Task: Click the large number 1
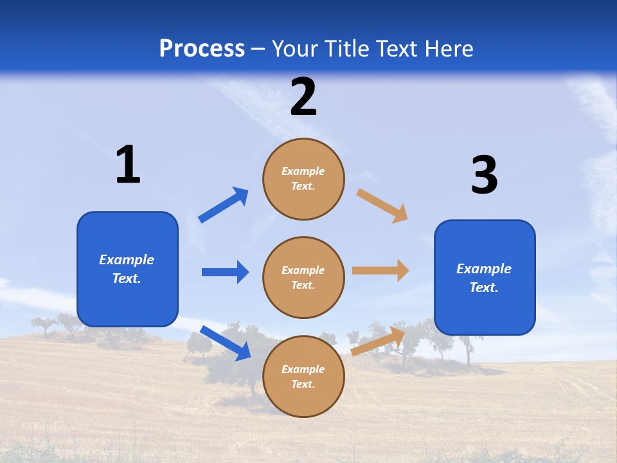[x=128, y=165]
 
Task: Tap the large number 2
[x=303, y=98]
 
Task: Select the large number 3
[x=484, y=176]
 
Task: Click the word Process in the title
[x=202, y=48]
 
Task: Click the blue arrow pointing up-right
[x=224, y=204]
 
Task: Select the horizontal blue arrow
[x=225, y=272]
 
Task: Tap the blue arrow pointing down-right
[x=226, y=343]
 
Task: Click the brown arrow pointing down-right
[x=382, y=205]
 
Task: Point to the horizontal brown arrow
[x=380, y=270]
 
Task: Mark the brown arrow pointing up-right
[x=378, y=341]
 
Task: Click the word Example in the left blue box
[x=127, y=260]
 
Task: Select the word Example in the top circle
[x=303, y=171]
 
